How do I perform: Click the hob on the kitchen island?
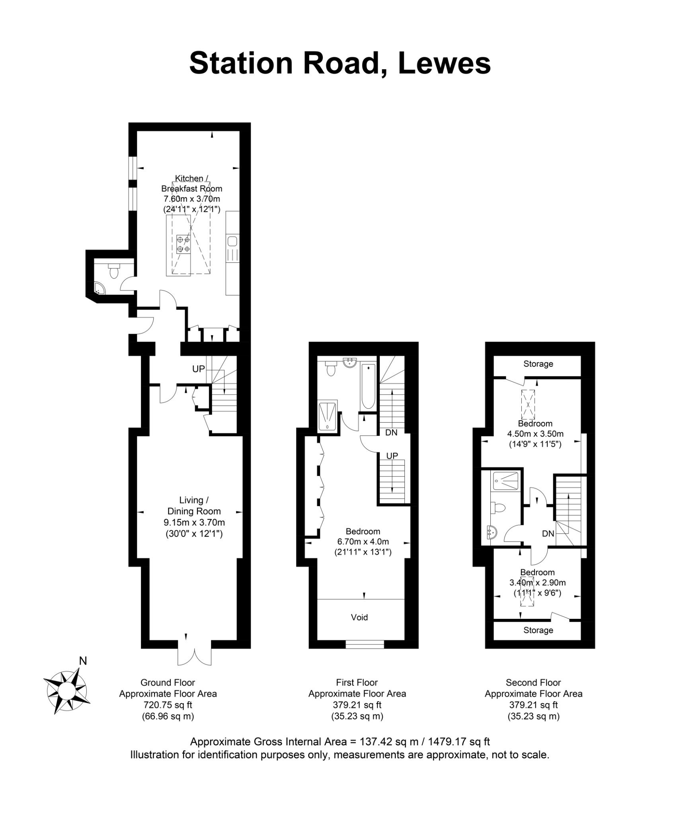183,244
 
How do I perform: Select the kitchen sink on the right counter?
232,241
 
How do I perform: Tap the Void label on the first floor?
359,617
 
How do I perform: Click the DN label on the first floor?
391,433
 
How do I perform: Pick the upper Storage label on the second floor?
538,364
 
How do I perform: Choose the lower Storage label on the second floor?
538,630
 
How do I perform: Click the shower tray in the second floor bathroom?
506,481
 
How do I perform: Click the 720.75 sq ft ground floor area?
168,705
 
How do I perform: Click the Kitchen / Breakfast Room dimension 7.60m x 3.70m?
191,199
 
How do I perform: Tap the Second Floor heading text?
533,682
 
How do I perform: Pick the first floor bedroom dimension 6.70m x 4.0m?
363,542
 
